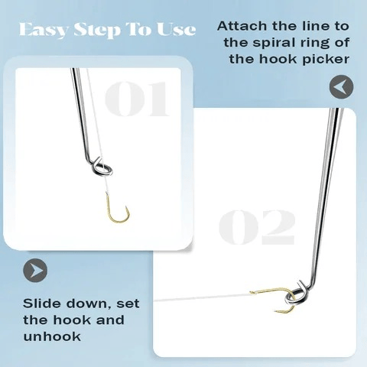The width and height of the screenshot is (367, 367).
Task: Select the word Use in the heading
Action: pyautogui.click(x=176, y=31)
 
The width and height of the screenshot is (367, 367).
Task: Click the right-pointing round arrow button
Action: pyautogui.click(x=35, y=270)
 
